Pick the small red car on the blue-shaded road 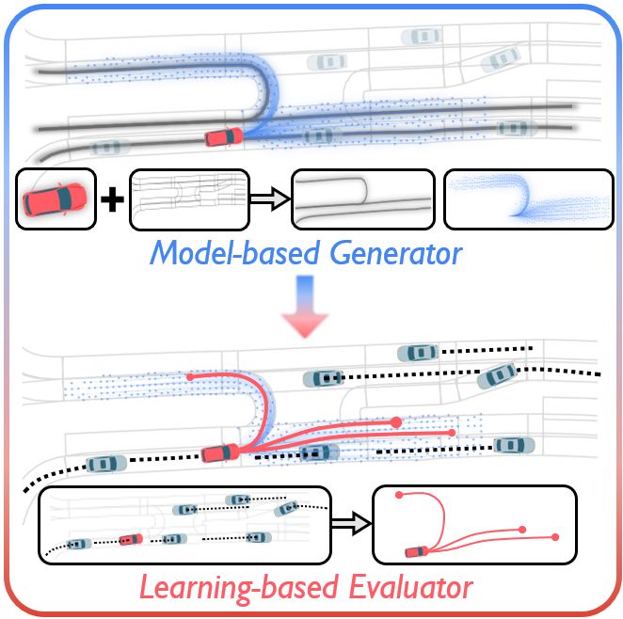click(224, 138)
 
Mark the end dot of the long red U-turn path click(190, 377)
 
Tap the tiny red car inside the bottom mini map click(131, 540)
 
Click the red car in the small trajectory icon click(413, 551)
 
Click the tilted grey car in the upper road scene click(501, 58)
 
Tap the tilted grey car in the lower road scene click(496, 376)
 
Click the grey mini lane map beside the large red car click(188, 198)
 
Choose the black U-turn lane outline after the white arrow click(362, 198)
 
